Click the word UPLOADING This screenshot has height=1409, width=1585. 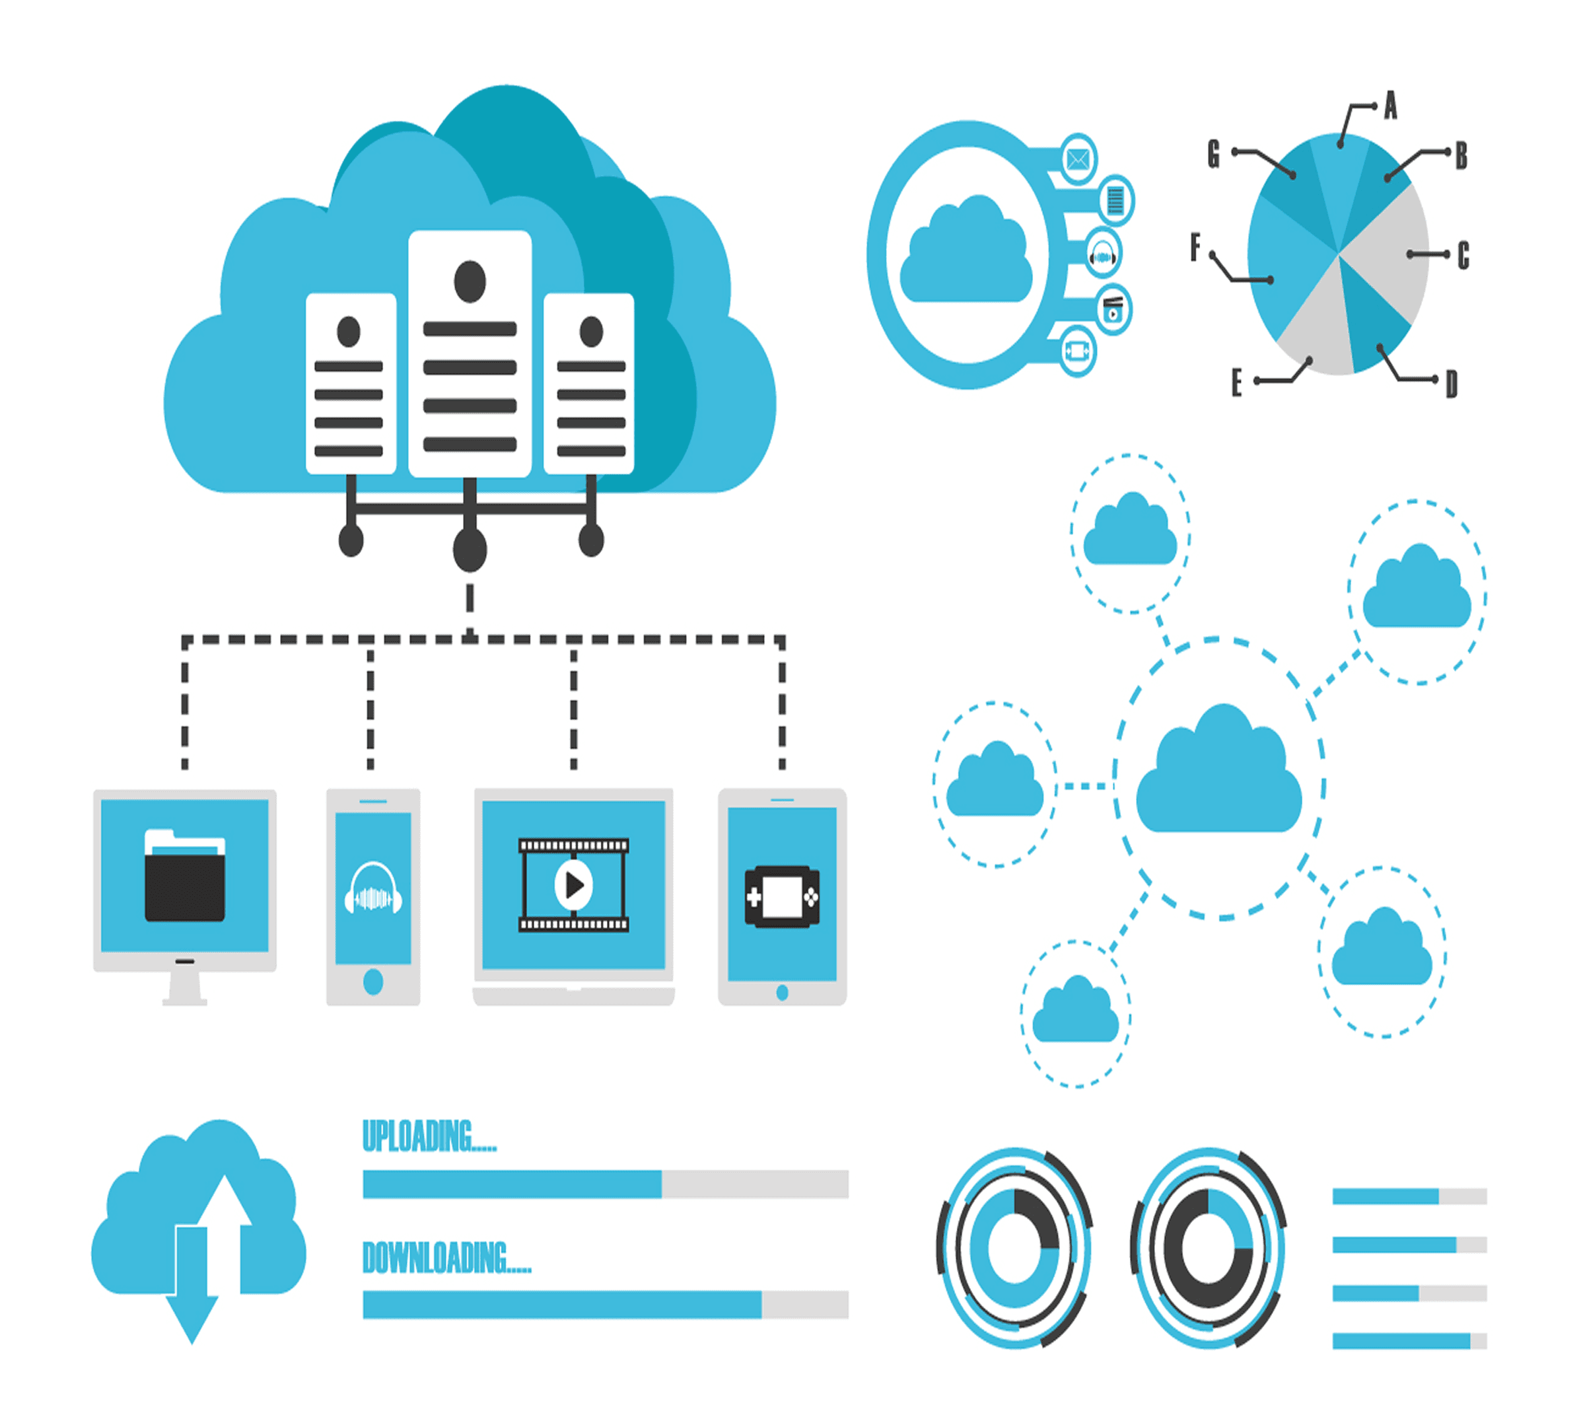click(x=428, y=1137)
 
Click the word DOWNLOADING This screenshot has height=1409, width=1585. click(x=446, y=1258)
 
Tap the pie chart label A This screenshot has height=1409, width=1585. click(x=1390, y=106)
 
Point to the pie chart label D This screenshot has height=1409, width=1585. click(x=1452, y=384)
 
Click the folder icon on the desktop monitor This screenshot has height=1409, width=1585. click(x=184, y=877)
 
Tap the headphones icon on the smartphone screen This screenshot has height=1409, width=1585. click(x=373, y=888)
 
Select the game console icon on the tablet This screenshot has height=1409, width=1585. click(x=782, y=897)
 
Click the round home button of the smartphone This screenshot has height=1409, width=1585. click(x=373, y=982)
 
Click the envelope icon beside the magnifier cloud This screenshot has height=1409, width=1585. click(x=1078, y=160)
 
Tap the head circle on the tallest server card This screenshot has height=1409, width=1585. click(x=470, y=281)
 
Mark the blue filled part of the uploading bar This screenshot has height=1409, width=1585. click(x=512, y=1184)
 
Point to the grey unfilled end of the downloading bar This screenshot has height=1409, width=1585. click(x=805, y=1305)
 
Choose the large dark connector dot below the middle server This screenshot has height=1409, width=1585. click(x=470, y=550)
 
